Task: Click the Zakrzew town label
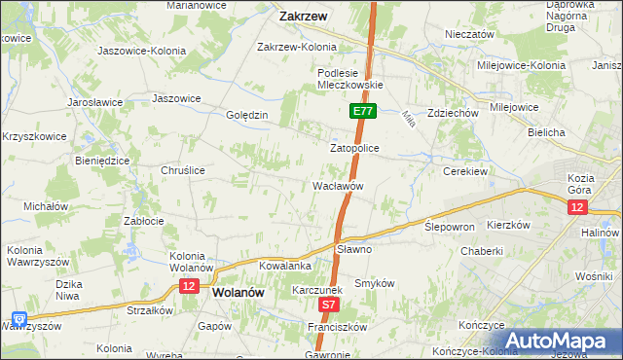pyautogui.click(x=303, y=16)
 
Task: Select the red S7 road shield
pyautogui.click(x=329, y=305)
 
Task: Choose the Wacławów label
pyautogui.click(x=338, y=185)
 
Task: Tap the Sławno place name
pyautogui.click(x=354, y=249)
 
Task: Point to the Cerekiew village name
pyautogui.click(x=464, y=169)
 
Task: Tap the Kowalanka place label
pyautogui.click(x=284, y=265)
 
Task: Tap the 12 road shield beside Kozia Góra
pyautogui.click(x=578, y=208)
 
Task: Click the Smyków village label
pyautogui.click(x=374, y=282)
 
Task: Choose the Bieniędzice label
pyautogui.click(x=102, y=161)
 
